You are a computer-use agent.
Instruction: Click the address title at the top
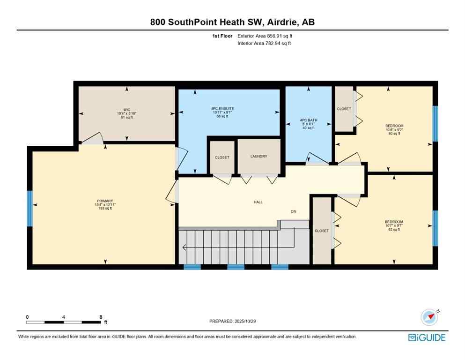coord(232,22)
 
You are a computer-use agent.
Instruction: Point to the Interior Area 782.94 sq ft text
coord(264,44)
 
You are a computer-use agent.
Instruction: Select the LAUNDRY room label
coord(258,156)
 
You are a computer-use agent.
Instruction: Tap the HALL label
coord(258,202)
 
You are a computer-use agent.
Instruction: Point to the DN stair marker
coord(294,212)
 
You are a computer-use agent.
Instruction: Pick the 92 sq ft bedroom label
coord(394,225)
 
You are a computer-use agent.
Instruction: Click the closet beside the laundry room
coord(222,157)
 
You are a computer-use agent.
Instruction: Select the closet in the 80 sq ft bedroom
coord(344,109)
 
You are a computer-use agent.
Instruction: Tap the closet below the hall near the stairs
coord(322,231)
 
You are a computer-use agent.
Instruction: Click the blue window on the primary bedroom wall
coord(29,208)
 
